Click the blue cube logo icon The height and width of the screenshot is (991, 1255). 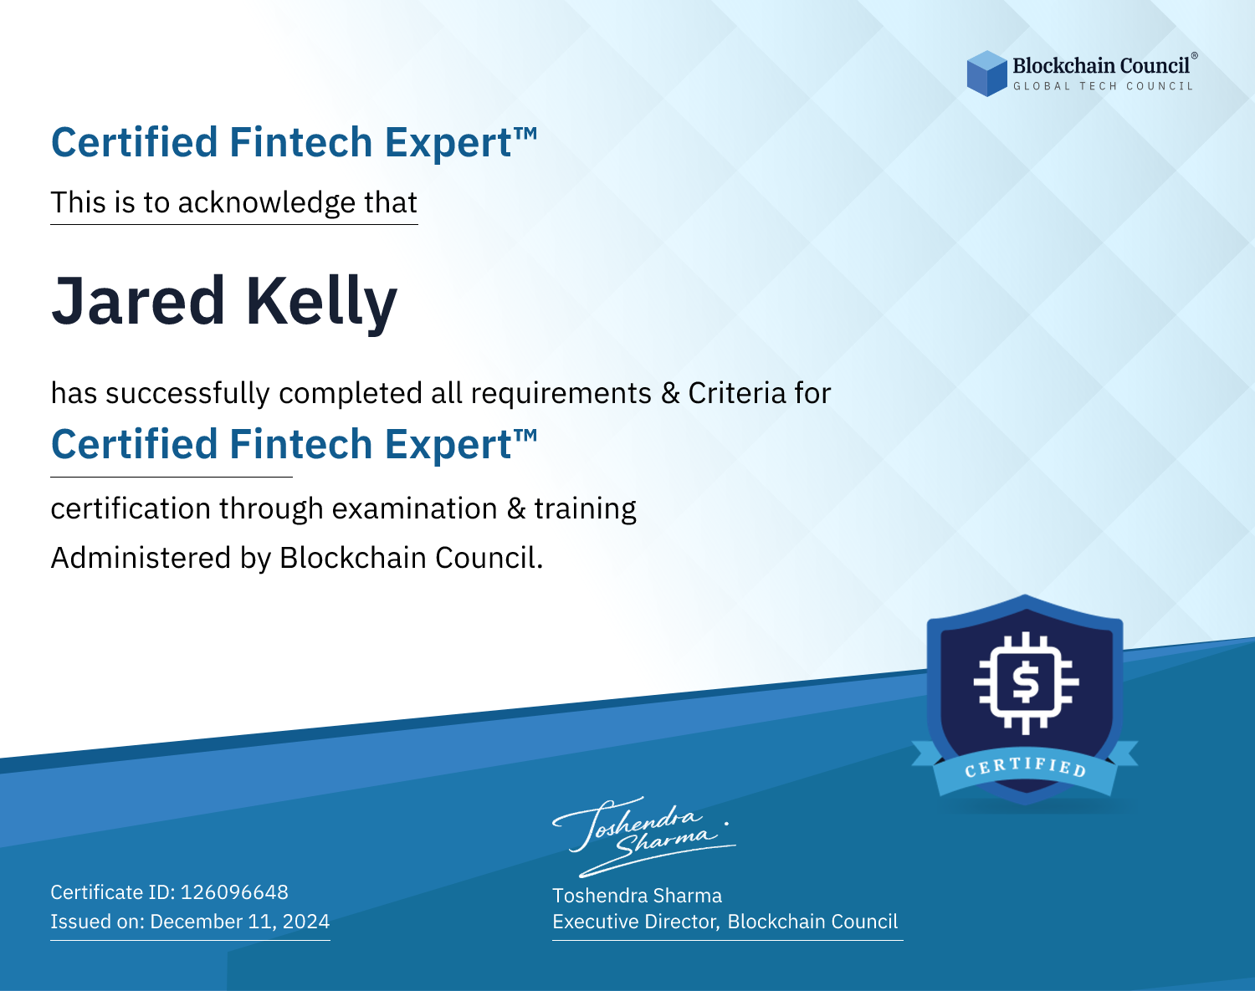(x=986, y=74)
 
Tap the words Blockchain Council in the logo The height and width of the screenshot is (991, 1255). (x=1101, y=65)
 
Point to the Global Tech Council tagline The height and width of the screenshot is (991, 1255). (x=1104, y=86)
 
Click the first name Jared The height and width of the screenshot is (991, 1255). (x=138, y=301)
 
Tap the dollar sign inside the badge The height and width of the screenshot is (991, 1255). (x=1025, y=682)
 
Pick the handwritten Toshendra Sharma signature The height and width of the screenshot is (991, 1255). (x=644, y=836)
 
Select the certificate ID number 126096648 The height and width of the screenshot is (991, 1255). (x=234, y=892)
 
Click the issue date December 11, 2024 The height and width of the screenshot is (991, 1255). (x=239, y=922)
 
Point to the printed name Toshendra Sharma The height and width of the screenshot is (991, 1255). (x=637, y=896)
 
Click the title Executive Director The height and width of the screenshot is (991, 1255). (x=635, y=922)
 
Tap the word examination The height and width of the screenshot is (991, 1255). (x=415, y=508)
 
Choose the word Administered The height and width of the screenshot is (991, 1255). (x=141, y=558)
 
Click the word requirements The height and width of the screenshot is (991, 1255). (x=561, y=394)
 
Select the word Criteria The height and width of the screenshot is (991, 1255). (x=736, y=393)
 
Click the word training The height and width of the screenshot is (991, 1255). (x=586, y=509)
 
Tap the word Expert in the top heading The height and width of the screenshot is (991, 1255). (x=448, y=143)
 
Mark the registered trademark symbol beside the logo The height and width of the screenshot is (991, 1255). (x=1195, y=56)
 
